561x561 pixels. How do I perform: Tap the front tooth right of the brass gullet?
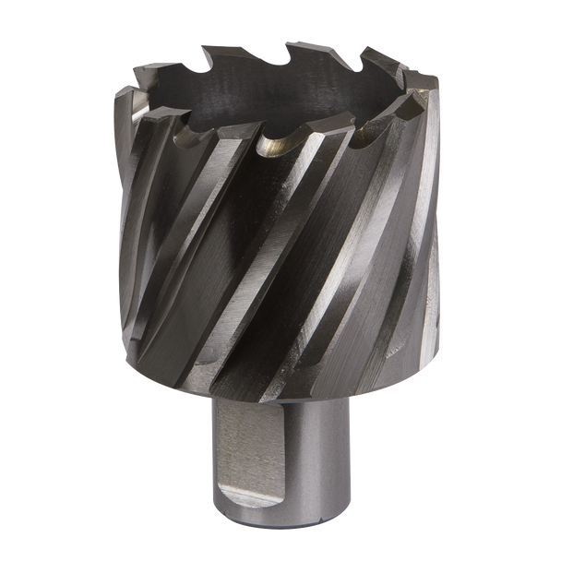coord(318,138)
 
